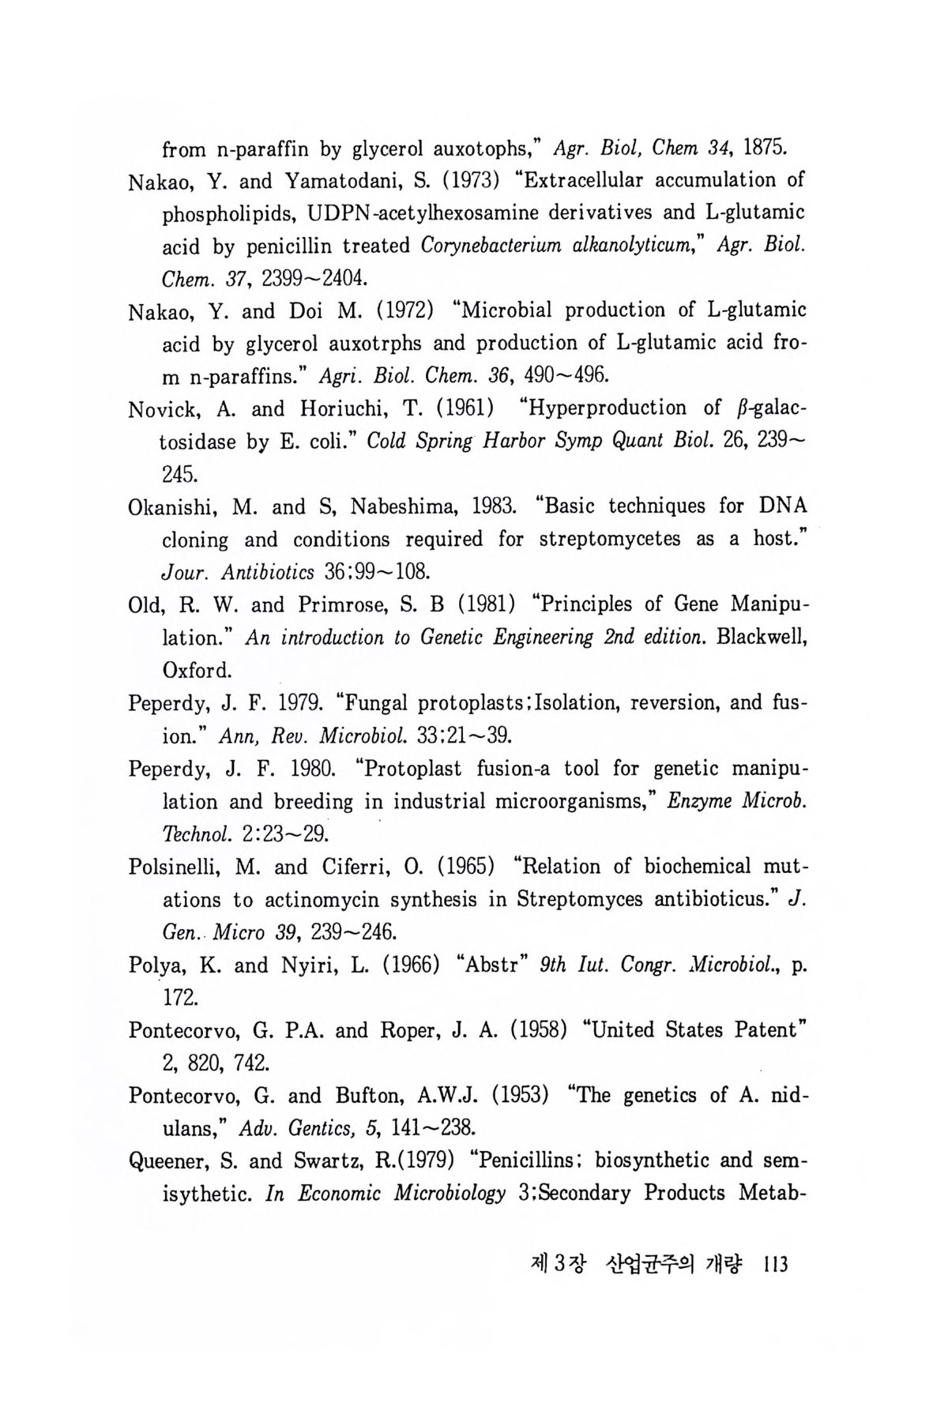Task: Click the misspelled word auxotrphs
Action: pyautogui.click(x=359, y=344)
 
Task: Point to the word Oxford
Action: pyautogui.click(x=197, y=671)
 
